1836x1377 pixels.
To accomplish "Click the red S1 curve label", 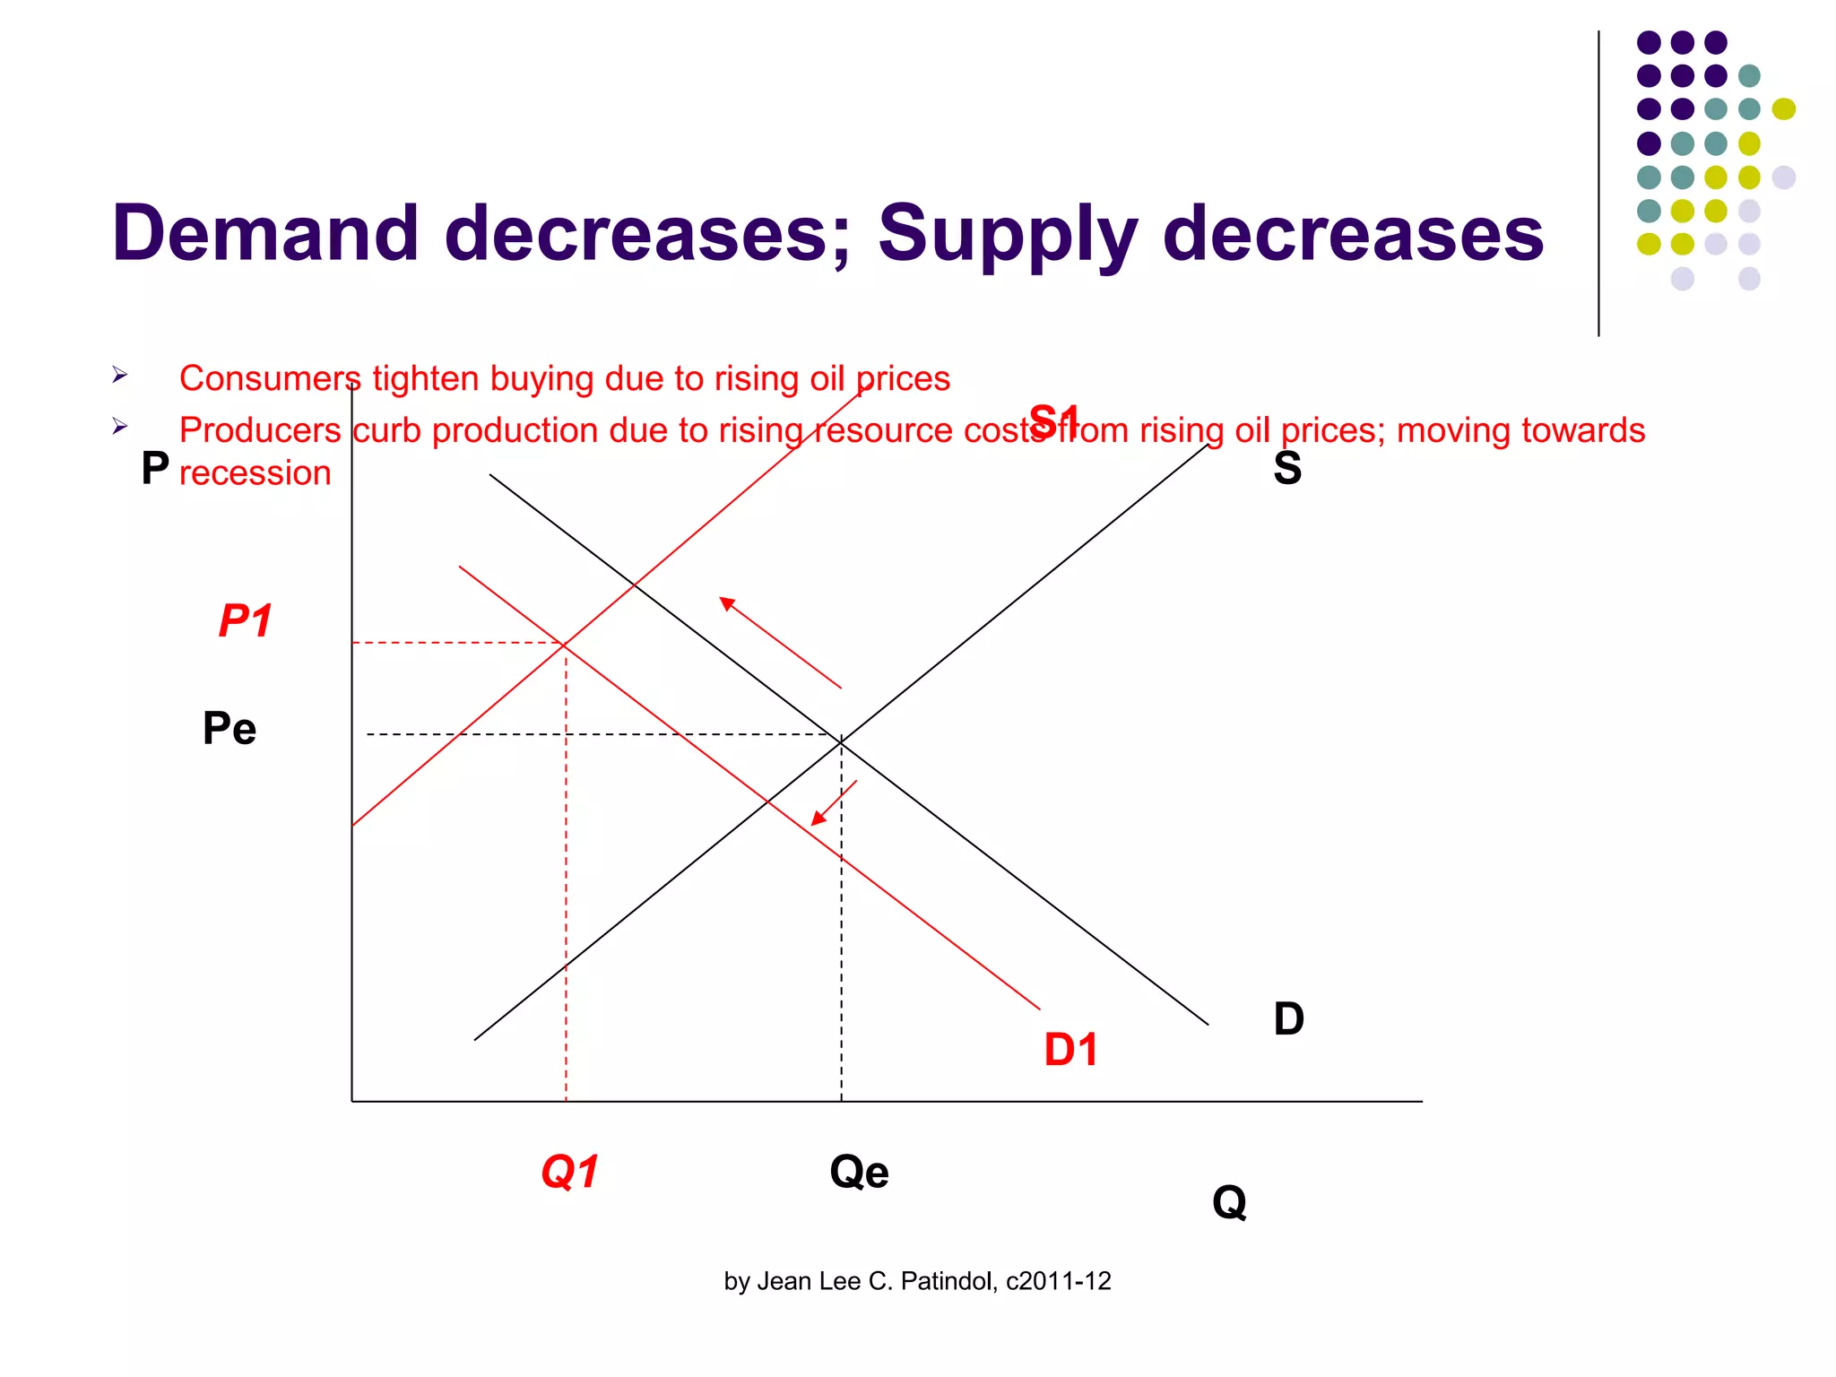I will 1054,420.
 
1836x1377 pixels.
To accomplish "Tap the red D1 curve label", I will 1070,1049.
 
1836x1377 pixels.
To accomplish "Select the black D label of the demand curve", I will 1288,1019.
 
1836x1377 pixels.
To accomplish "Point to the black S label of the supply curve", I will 1287,468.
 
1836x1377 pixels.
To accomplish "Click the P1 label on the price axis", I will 245,620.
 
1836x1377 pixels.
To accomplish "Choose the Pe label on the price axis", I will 229,728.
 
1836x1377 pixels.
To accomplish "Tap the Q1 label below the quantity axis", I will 570,1172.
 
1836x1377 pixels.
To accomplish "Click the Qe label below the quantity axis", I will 859,1172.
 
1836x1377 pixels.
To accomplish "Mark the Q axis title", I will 1229,1202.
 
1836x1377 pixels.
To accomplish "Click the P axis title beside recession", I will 155,468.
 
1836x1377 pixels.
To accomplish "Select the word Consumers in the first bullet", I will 269,378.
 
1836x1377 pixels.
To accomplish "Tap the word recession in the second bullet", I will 255,472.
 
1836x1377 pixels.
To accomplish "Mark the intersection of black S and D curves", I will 841,741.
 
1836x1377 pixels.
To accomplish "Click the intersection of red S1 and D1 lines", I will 565,644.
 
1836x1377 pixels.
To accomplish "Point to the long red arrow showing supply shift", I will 780,642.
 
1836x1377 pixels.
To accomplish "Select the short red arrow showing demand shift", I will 835,802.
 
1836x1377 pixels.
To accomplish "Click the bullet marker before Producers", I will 120,427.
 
